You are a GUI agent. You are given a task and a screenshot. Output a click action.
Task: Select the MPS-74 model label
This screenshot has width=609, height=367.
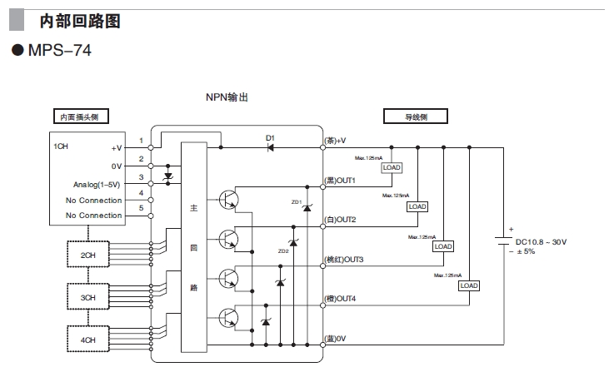pos(59,51)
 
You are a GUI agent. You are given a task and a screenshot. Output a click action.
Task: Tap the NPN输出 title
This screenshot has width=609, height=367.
pos(227,97)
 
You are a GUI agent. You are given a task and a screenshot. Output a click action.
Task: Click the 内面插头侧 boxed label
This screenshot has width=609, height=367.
pos(80,117)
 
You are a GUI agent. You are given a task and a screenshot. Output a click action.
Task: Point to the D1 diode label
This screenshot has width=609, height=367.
pos(270,137)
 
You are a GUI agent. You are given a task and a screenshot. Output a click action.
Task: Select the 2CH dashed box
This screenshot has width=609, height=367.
pos(87,255)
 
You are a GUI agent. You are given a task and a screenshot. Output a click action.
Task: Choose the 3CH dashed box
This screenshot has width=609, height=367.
pos(87,297)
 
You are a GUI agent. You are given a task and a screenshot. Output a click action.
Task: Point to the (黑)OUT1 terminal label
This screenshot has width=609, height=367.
pos(340,181)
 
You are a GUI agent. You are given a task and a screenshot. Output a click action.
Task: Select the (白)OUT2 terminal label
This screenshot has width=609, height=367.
pos(340,220)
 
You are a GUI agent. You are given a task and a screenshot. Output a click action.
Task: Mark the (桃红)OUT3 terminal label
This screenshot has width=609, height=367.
pos(344,260)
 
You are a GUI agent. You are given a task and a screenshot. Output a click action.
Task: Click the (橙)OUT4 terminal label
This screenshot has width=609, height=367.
pos(340,299)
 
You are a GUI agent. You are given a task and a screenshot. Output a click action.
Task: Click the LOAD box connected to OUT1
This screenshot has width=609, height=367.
pos(392,167)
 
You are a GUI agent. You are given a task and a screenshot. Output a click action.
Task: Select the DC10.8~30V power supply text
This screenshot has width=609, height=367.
pos(541,241)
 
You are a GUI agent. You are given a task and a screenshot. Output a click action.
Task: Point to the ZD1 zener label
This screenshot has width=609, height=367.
pos(297,202)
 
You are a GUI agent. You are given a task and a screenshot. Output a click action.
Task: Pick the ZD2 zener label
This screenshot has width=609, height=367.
pos(282,250)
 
